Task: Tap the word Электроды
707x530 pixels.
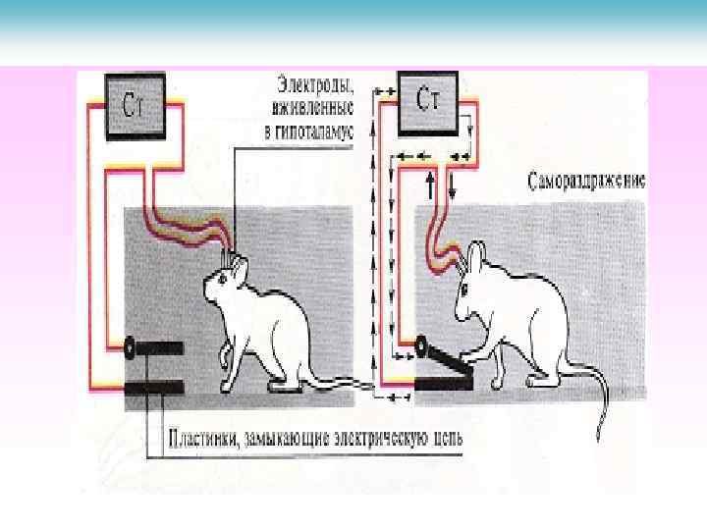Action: coord(313,82)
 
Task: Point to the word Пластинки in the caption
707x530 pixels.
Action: coord(203,435)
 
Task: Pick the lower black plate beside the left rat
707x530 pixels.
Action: coord(155,389)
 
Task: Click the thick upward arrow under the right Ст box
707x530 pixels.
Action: coord(429,183)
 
